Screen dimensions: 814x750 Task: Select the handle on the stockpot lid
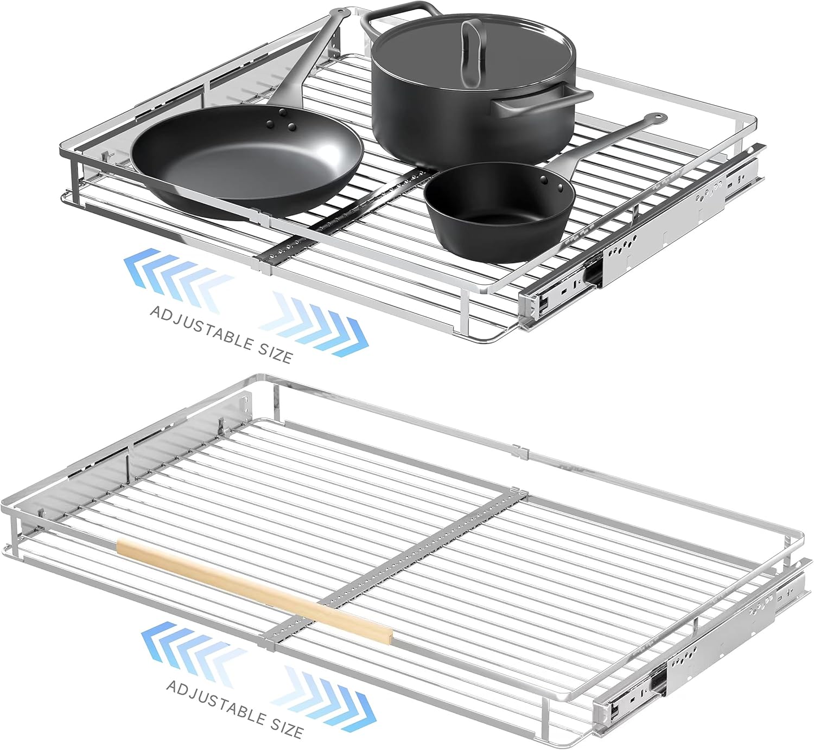(471, 50)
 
